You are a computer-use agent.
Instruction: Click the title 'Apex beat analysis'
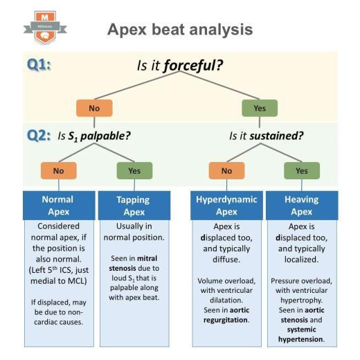(179, 29)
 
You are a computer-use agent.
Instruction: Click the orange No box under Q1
(93, 109)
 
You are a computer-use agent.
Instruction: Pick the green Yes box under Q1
(259, 109)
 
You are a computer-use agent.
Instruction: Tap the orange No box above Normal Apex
(60, 170)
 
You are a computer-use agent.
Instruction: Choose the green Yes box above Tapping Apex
(132, 170)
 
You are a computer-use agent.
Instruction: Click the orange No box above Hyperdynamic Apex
(226, 170)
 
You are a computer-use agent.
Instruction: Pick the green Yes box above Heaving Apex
(302, 170)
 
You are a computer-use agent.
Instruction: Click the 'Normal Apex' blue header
(60, 206)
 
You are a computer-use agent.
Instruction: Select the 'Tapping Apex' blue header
(133, 206)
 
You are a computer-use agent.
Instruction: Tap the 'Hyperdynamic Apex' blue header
(226, 206)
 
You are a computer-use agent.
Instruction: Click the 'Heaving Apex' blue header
(302, 206)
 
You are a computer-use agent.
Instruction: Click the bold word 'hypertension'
(301, 340)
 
